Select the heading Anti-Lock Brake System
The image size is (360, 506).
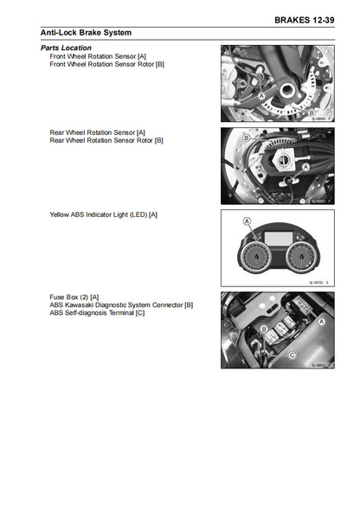87,32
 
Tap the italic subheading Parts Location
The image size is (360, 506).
66,48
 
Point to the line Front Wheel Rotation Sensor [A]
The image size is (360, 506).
98,55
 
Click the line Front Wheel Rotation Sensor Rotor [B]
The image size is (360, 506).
107,63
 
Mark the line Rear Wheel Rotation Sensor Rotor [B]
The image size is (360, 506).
106,139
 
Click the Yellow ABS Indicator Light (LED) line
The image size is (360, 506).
104,214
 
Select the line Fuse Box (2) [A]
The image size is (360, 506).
74,297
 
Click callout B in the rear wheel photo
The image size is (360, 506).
247,138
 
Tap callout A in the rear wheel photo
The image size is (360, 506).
305,164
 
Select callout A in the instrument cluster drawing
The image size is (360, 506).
247,222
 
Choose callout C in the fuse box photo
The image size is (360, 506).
292,355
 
